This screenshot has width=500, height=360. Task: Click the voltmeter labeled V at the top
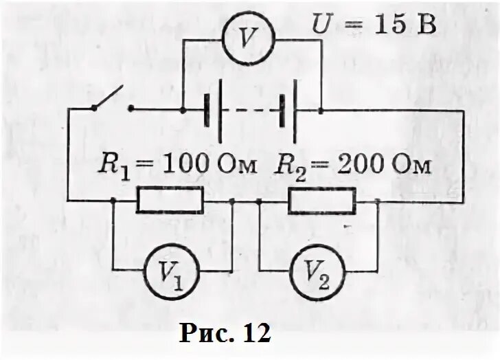pyautogui.click(x=251, y=39)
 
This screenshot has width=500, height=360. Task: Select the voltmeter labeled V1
pyautogui.click(x=169, y=271)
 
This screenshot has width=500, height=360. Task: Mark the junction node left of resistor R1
pyautogui.click(x=113, y=201)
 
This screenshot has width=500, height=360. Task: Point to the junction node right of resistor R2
pyautogui.click(x=378, y=201)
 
